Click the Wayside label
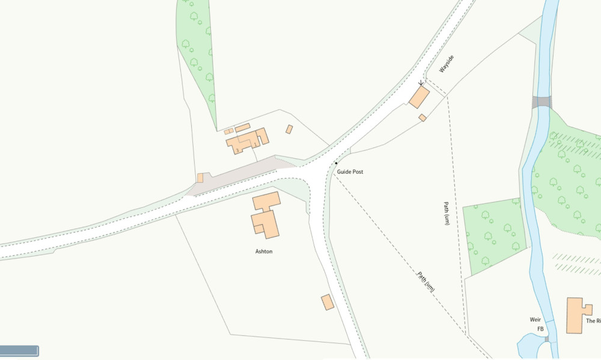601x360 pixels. click(446, 64)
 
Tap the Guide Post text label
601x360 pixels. click(350, 172)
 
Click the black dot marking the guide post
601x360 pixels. click(336, 163)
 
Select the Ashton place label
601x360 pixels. click(264, 251)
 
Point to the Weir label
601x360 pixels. click(536, 319)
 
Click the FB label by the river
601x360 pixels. click(540, 329)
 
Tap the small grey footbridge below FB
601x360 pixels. click(547, 340)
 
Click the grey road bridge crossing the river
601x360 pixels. click(542, 102)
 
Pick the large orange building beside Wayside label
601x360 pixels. click(419, 97)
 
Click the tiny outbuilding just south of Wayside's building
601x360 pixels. click(423, 118)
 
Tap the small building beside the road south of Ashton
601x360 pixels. click(328, 302)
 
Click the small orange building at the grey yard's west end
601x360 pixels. click(200, 178)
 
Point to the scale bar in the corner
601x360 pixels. click(19, 350)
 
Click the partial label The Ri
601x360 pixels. click(593, 322)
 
